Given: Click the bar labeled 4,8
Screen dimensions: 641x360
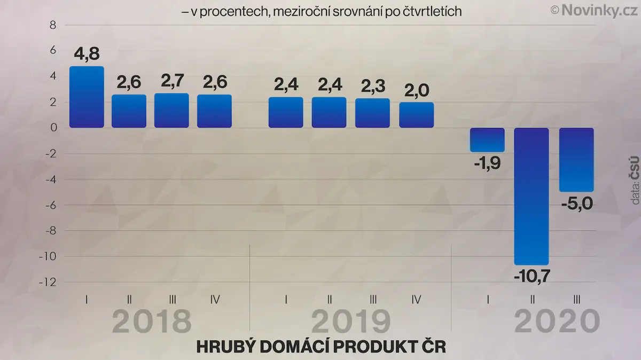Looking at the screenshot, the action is click(87, 97).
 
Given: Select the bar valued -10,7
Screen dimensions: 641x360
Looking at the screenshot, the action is click(531, 197).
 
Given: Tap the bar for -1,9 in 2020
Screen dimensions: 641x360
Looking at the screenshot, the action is click(487, 140).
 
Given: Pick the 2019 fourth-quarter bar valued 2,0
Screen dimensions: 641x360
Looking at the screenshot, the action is click(417, 115).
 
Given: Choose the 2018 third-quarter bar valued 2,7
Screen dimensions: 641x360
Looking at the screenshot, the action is click(171, 111).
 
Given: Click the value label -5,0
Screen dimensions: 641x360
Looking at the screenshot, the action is click(577, 204).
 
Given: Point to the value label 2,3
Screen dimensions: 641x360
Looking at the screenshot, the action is click(373, 86).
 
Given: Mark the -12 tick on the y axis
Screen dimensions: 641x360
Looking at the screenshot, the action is click(48, 283).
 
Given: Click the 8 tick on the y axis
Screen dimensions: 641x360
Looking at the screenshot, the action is click(53, 25).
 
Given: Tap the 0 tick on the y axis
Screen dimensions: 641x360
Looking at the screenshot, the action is click(53, 128).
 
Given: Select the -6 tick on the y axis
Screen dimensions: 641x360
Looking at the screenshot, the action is click(51, 205).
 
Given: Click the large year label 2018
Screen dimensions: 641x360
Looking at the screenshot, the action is click(152, 321).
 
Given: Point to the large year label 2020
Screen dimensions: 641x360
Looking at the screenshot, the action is click(557, 321).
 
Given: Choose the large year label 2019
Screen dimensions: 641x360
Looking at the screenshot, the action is click(351, 321).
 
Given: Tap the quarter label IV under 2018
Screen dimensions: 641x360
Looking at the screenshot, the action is click(215, 300).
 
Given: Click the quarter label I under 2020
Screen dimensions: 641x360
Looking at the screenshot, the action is click(488, 300).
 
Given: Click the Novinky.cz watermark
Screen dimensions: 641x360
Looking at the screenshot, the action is click(595, 11).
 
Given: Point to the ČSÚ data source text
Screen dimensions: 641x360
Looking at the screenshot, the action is click(635, 168).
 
